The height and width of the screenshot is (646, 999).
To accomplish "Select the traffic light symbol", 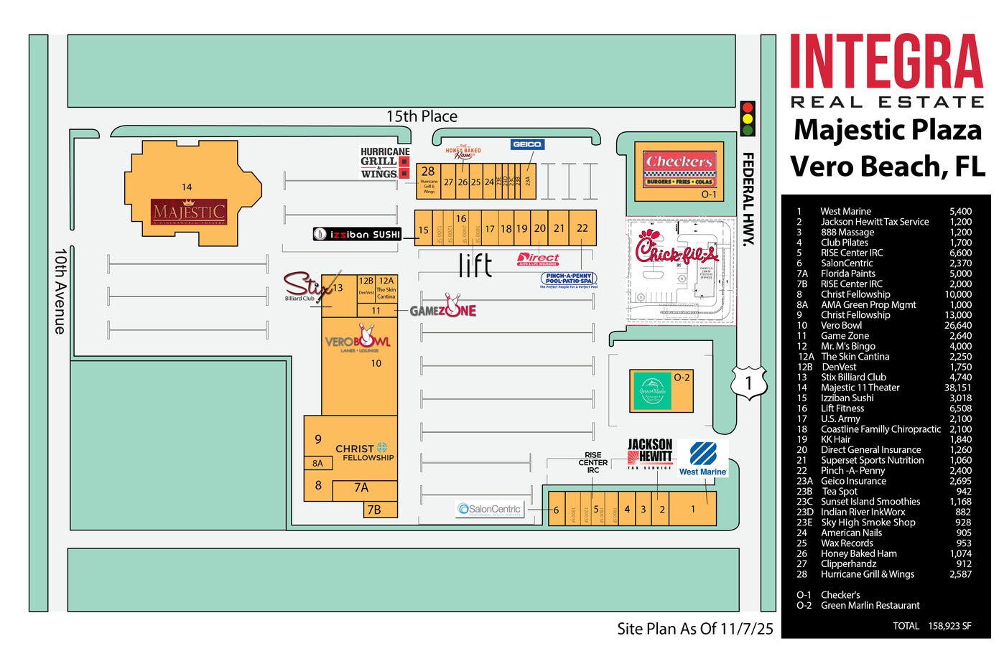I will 748,119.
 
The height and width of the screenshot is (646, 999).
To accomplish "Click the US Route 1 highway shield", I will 748,381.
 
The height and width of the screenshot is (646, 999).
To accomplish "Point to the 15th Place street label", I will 422,116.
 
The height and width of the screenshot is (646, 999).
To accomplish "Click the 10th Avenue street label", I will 60,291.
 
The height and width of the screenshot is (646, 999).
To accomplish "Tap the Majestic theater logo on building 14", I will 189,212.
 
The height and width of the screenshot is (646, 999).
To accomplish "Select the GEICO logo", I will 527,144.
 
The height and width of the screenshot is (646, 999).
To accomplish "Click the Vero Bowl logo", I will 358,340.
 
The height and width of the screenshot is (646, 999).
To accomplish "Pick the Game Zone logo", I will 443,309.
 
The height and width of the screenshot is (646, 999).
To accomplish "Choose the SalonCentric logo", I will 491,510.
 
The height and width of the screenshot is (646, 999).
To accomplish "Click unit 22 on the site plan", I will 582,228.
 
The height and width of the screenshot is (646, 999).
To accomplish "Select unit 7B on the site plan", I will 374,510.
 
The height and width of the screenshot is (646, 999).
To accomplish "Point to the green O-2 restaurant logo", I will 652,390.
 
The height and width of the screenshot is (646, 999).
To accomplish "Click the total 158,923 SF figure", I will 949,626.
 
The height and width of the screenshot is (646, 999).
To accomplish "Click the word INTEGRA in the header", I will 886,62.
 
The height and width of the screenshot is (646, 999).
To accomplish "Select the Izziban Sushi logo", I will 357,234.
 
